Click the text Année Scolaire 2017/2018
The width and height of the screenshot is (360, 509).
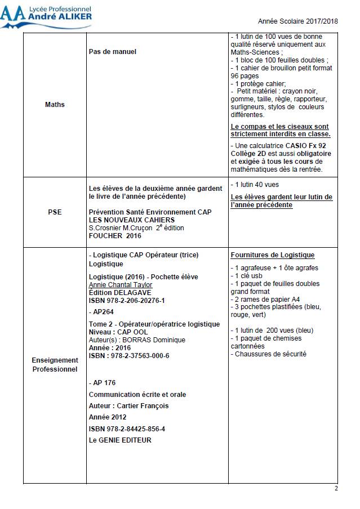coord(297,21)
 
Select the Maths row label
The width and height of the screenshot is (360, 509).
coord(55,105)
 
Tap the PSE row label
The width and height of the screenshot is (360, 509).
coord(55,212)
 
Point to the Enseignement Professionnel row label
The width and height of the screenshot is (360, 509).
coord(55,364)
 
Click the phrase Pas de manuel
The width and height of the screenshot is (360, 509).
coord(113,52)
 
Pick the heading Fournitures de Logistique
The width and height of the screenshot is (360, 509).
coord(273,255)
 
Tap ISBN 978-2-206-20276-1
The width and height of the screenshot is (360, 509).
coord(127,301)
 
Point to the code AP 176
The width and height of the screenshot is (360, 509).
coord(103,383)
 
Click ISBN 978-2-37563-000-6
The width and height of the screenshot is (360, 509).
coord(129,356)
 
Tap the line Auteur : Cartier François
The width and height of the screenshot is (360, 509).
coord(128,405)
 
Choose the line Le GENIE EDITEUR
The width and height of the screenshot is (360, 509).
coord(120,440)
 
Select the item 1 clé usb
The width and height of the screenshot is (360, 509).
coord(247,276)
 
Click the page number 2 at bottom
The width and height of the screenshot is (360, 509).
coord(336,488)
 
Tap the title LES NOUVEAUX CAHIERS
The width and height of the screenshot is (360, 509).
coord(132,220)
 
